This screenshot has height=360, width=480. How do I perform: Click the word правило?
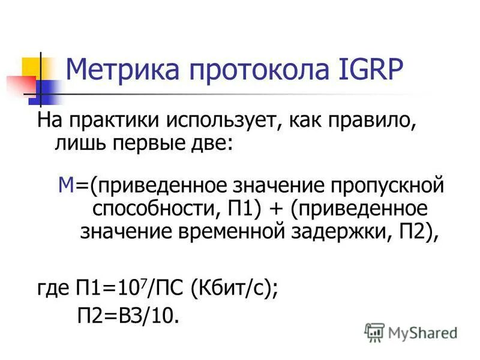(377, 121)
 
